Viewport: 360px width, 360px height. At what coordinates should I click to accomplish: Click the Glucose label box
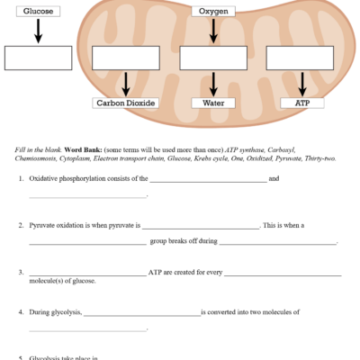pyautogui.click(x=38, y=12)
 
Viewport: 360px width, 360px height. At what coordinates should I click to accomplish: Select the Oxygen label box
pyautogui.click(x=213, y=12)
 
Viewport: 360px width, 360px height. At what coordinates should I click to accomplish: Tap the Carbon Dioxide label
pyautogui.click(x=126, y=103)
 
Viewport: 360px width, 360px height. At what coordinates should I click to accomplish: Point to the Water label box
pyautogui.click(x=213, y=103)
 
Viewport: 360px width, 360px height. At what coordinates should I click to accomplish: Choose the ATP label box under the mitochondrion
pyautogui.click(x=302, y=103)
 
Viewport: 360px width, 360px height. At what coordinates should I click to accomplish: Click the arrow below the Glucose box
pyautogui.click(x=38, y=31)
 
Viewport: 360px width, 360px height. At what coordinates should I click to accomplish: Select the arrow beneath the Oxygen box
pyautogui.click(x=213, y=31)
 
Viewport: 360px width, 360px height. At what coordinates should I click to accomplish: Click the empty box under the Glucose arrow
pyautogui.click(x=38, y=57)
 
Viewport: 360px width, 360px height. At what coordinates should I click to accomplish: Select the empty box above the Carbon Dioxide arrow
pyautogui.click(x=126, y=57)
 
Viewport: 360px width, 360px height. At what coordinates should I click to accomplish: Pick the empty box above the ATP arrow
pyautogui.click(x=302, y=57)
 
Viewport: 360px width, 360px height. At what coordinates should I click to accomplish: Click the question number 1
pyautogui.click(x=21, y=178)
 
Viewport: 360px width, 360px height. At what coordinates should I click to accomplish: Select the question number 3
pyautogui.click(x=21, y=272)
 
